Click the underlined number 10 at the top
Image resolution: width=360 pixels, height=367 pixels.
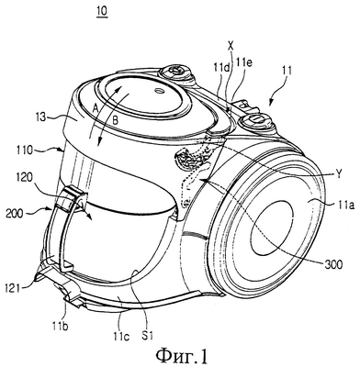point(102,12)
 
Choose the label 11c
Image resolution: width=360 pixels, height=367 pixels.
point(122,336)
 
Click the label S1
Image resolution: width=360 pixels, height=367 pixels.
point(147,336)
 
